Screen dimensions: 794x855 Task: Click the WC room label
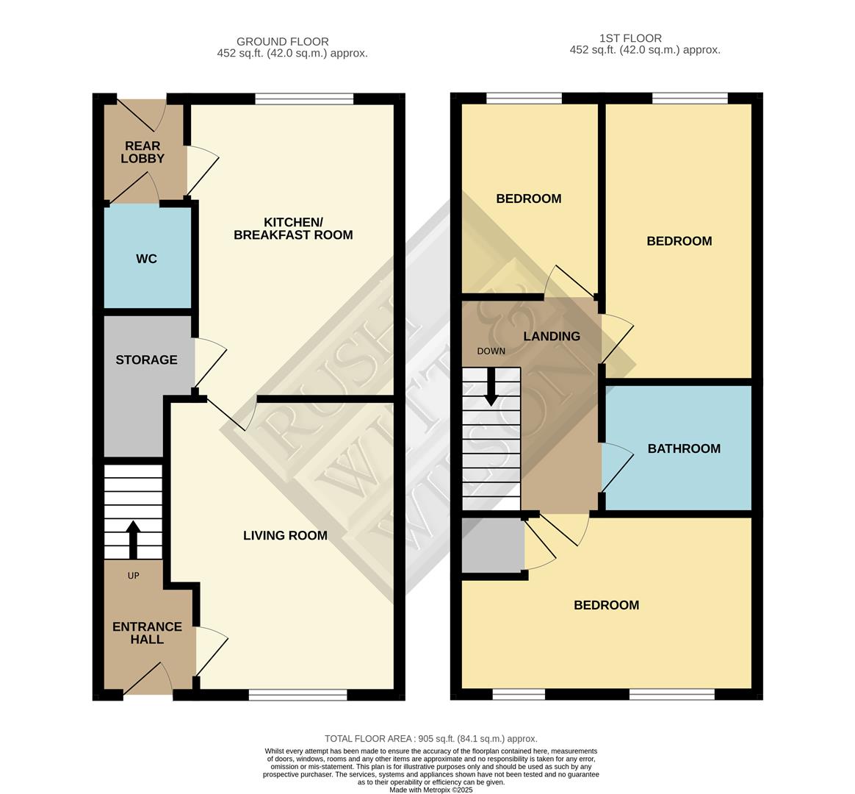tap(146, 259)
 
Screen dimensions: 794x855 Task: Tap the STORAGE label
tap(146, 360)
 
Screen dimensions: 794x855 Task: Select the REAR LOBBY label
tap(142, 152)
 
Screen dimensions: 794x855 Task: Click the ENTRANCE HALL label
tap(147, 633)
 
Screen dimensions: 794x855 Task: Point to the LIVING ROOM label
tap(285, 535)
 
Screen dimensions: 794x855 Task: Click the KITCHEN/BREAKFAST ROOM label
tap(293, 229)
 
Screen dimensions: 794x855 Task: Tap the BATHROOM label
tap(683, 448)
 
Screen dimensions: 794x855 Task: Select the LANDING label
tap(551, 336)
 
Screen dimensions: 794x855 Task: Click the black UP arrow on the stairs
tap(133, 540)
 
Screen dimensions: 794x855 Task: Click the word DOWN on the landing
tap(491, 351)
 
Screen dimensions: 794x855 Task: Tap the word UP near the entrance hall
tap(133, 576)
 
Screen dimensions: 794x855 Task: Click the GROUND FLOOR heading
tap(282, 42)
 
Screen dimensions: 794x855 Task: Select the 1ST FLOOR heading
tap(630, 38)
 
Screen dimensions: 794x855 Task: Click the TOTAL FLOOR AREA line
tap(430, 738)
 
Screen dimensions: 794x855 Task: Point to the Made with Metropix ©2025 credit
tap(430, 790)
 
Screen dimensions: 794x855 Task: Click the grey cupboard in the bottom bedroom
tap(492, 545)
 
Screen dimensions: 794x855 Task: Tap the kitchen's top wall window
tap(304, 98)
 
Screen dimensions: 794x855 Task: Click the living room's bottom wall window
tap(297, 695)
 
